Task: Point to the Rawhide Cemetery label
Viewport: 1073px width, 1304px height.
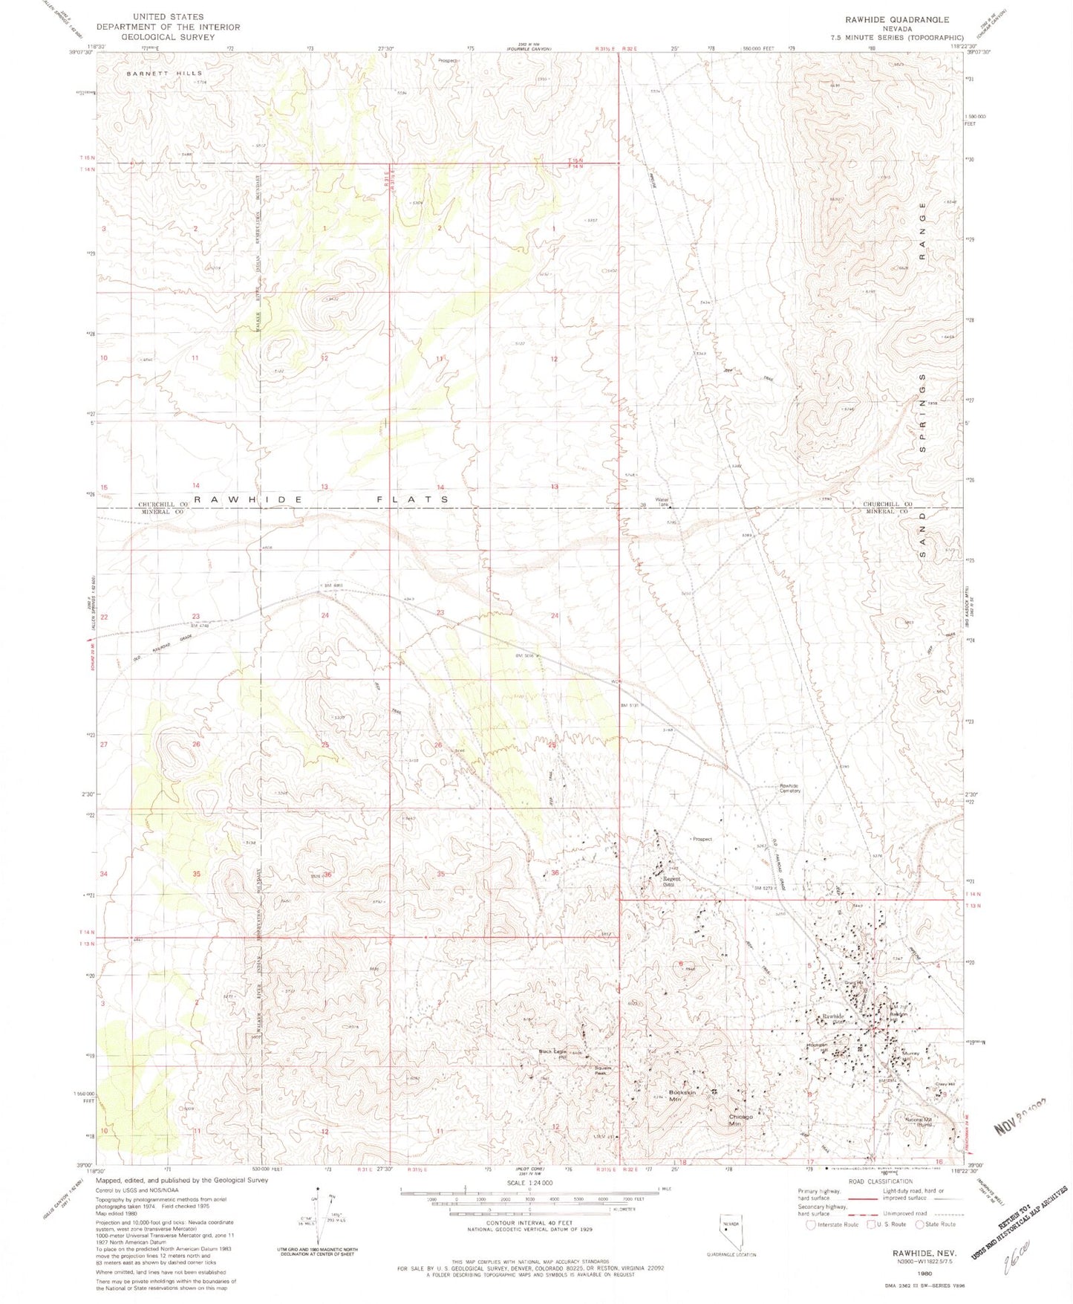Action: click(x=789, y=788)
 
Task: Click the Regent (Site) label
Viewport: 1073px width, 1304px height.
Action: click(x=671, y=881)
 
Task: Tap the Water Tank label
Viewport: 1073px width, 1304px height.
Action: click(x=662, y=502)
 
